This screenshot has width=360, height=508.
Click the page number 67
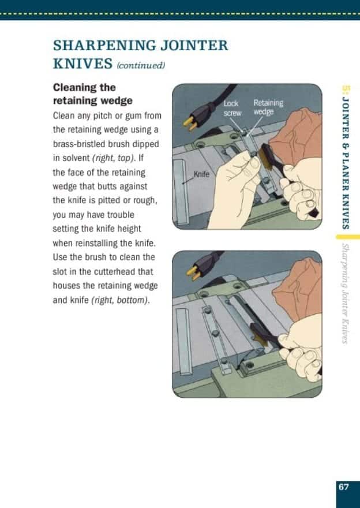(x=344, y=487)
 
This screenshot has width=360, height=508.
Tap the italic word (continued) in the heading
(x=141, y=66)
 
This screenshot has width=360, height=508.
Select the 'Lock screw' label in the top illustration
(x=231, y=108)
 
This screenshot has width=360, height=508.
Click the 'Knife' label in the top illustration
(x=201, y=174)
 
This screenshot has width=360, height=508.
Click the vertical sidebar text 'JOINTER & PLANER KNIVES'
(x=346, y=162)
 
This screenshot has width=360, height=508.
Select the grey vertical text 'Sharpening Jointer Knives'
(x=345, y=293)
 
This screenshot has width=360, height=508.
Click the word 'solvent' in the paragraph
(x=75, y=158)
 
